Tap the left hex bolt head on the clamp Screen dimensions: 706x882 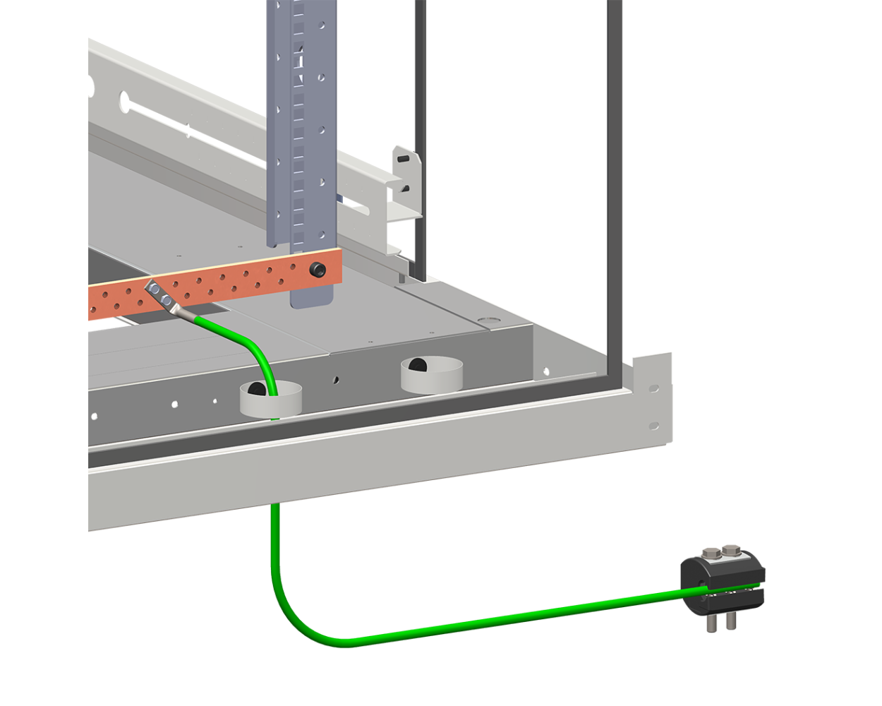710,553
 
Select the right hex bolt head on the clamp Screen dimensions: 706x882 732,549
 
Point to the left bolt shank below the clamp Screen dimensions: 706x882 712,623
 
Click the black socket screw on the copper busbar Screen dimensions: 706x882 319,268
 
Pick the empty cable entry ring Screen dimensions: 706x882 432,375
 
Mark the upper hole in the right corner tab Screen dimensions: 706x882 654,388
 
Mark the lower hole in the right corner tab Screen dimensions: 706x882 654,426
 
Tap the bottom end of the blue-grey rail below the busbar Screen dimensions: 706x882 310,297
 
